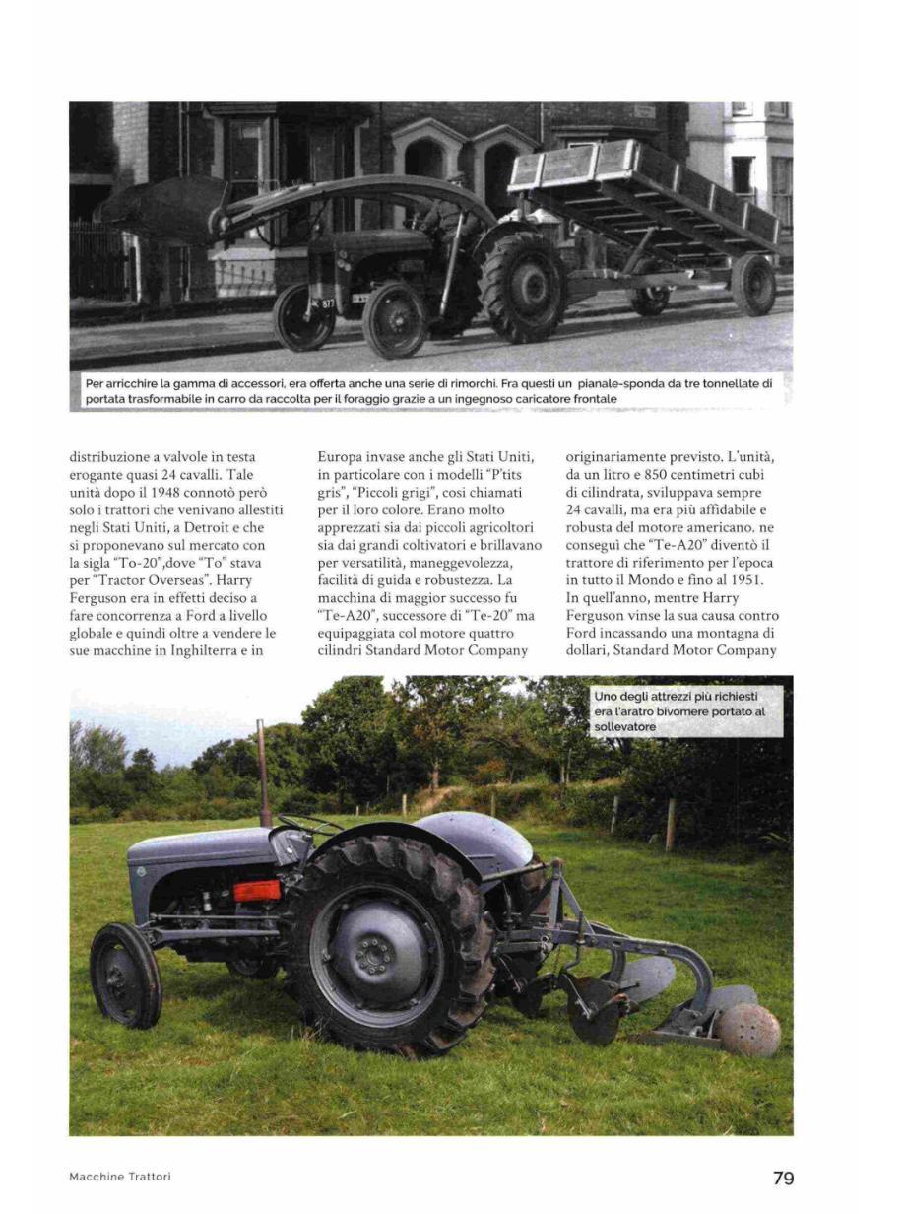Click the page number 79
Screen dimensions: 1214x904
783,1178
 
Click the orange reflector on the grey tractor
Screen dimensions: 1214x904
256,891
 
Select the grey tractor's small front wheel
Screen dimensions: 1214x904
126,976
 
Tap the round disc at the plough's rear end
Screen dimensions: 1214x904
747,1030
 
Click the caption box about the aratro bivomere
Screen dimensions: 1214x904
688,711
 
